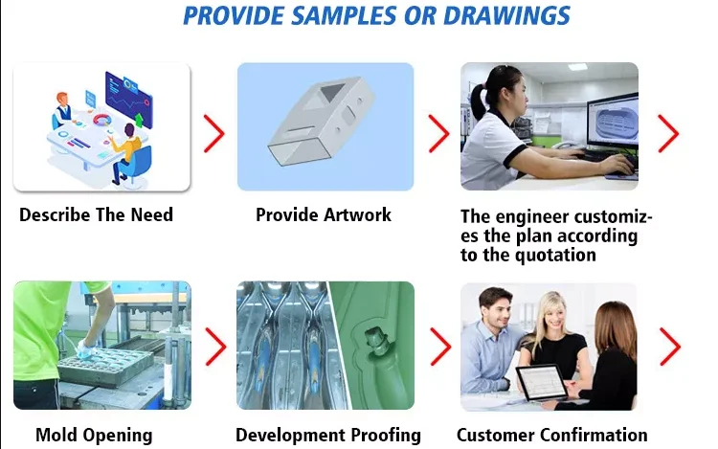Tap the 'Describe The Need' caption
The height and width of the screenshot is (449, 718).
pos(96,214)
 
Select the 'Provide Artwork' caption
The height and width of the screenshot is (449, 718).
pos(324,214)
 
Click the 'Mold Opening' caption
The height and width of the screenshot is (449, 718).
pos(94,435)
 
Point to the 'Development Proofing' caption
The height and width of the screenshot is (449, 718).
pos(328,435)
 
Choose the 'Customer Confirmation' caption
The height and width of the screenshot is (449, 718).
pos(552,435)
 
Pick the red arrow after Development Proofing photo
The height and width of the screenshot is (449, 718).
pos(439,347)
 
